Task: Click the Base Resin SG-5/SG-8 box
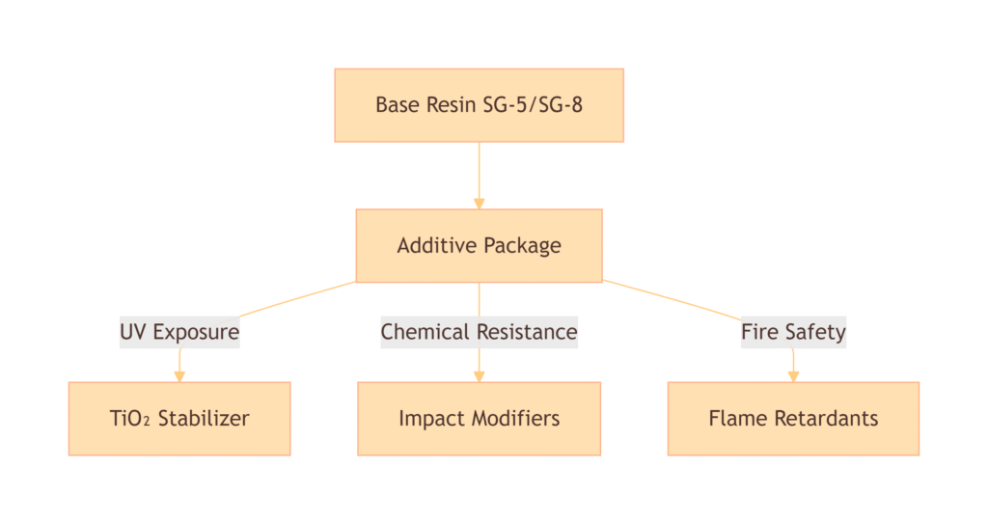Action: coord(479,105)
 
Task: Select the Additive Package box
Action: coord(479,246)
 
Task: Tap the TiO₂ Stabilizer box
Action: coord(179,419)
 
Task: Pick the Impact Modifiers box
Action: coord(479,419)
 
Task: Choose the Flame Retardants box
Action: coord(793,419)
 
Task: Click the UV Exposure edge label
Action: coord(179,333)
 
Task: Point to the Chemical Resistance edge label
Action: coord(479,333)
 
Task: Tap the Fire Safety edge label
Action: coord(793,333)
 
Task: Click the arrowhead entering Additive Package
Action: coord(479,203)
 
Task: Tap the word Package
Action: coord(522,246)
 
